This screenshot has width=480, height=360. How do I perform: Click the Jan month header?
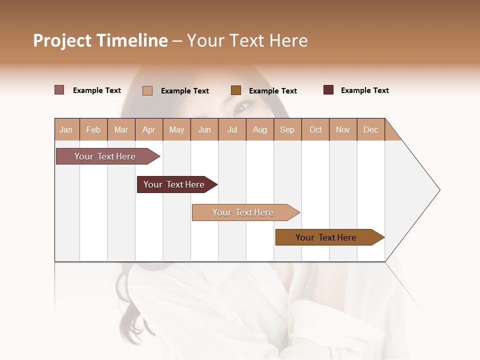pyautogui.click(x=66, y=129)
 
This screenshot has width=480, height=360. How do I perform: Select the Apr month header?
pyautogui.click(x=148, y=129)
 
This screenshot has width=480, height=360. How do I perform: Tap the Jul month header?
pyautogui.click(x=232, y=129)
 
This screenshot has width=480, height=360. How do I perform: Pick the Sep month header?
pyautogui.click(x=287, y=129)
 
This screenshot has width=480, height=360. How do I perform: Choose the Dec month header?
pyautogui.click(x=370, y=129)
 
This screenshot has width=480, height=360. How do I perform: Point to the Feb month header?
pyautogui.click(x=93, y=129)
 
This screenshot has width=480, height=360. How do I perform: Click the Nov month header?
pyautogui.click(x=342, y=129)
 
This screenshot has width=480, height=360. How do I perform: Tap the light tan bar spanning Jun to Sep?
pyautogui.click(x=243, y=212)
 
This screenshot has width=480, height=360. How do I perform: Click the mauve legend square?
pyautogui.click(x=59, y=90)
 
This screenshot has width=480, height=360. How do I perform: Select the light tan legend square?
pyautogui.click(x=147, y=90)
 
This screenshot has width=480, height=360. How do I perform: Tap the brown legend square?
pyautogui.click(x=236, y=90)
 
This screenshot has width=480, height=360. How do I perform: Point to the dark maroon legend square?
pyautogui.click(x=328, y=90)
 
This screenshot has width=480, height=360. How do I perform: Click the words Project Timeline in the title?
pyautogui.click(x=100, y=40)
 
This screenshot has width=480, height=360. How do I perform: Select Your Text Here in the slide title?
pyautogui.click(x=247, y=40)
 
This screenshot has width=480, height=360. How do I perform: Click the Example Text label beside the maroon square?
pyautogui.click(x=364, y=90)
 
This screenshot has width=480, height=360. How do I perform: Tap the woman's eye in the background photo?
pyautogui.click(x=243, y=106)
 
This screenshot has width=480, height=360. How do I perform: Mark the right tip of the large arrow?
pyautogui.click(x=439, y=190)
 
